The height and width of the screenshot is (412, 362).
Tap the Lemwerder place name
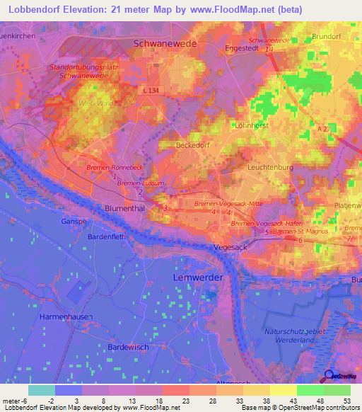[x=198, y=278]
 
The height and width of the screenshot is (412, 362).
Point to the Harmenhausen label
[x=66, y=316]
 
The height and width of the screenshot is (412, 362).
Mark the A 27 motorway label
[x=324, y=128]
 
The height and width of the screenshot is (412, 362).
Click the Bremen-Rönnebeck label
[x=115, y=166]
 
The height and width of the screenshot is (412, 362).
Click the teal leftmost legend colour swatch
[x=41, y=389]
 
